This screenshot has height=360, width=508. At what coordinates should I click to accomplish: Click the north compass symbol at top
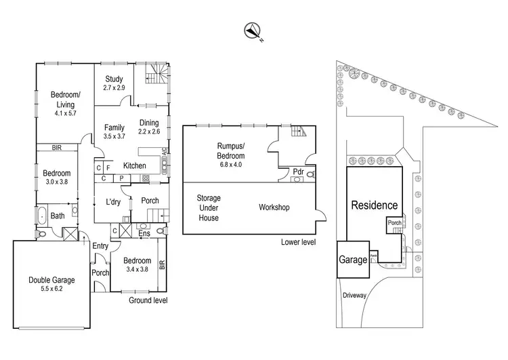pyautogui.click(x=253, y=30)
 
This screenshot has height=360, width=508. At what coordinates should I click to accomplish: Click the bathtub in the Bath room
pyautogui.click(x=41, y=216)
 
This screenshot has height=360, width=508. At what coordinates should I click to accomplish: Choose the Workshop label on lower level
pyautogui.click(x=274, y=207)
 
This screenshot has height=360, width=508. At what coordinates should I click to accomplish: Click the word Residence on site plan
pyautogui.click(x=374, y=205)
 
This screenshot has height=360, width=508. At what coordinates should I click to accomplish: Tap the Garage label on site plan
pyautogui.click(x=352, y=260)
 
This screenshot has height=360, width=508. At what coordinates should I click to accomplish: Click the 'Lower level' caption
pyautogui.click(x=298, y=242)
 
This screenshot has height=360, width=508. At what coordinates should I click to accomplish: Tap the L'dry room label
pyautogui.click(x=113, y=202)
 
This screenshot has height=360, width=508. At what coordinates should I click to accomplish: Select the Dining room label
pyautogui.click(x=149, y=123)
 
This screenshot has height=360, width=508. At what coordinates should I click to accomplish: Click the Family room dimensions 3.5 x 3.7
pyautogui.click(x=114, y=136)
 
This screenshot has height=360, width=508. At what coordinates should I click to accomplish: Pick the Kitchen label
pyautogui.click(x=134, y=165)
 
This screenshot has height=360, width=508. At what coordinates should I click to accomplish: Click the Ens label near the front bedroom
pyautogui.click(x=144, y=235)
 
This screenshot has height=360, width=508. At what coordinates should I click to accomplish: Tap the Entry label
pyautogui.click(x=100, y=246)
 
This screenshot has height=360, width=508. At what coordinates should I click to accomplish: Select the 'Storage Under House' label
pyautogui.click(x=209, y=207)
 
